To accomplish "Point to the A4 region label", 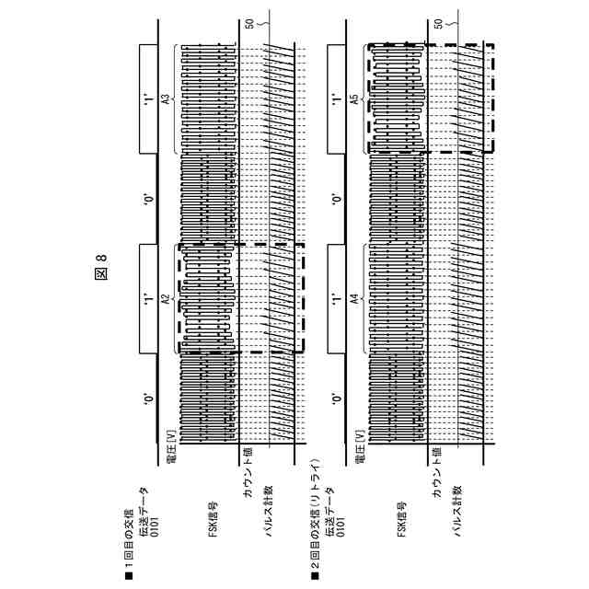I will [x=352, y=299].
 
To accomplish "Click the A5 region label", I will [x=352, y=98].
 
